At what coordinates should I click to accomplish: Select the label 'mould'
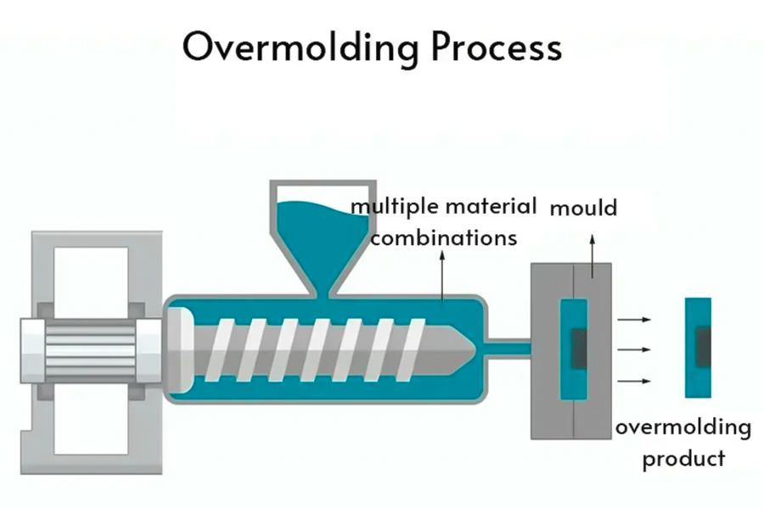click(x=584, y=207)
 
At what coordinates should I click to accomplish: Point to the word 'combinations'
click(x=443, y=238)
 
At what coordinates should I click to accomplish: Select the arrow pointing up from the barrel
click(x=441, y=276)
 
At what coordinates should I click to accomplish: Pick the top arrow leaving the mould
click(x=634, y=320)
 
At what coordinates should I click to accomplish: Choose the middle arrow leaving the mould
click(x=634, y=349)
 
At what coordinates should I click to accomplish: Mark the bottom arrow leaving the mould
click(x=634, y=381)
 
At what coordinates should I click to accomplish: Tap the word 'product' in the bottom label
click(x=683, y=459)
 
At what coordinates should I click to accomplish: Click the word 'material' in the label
click(x=493, y=206)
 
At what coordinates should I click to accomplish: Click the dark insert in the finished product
click(x=704, y=347)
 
